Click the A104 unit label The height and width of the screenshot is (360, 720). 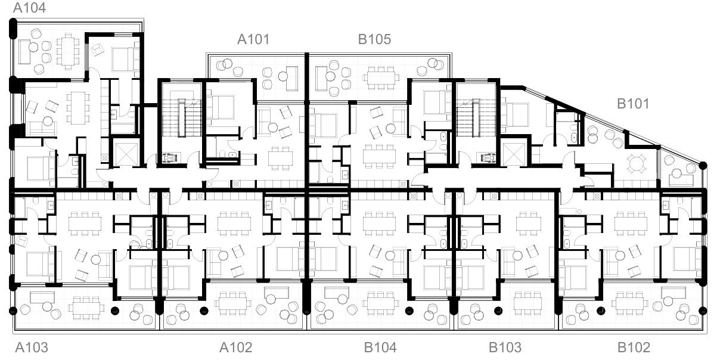point(30,8)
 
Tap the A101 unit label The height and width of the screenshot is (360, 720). point(253,39)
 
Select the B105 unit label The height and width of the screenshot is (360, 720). point(374,39)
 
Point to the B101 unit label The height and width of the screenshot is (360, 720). point(633,104)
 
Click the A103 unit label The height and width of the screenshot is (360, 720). point(32,347)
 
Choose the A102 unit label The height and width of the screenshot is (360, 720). point(235,347)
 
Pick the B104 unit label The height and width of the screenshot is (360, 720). point(380,347)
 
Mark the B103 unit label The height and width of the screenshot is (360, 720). point(505,347)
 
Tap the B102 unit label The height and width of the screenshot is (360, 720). point(634,347)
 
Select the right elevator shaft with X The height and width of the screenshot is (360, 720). point(513,154)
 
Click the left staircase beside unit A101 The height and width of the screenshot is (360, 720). point(182,117)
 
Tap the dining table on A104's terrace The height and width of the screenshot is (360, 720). point(68,51)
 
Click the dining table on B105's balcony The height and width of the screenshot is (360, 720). point(381,77)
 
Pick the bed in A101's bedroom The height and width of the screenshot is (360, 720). point(221,108)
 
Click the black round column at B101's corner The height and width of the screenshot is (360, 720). point(703,166)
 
